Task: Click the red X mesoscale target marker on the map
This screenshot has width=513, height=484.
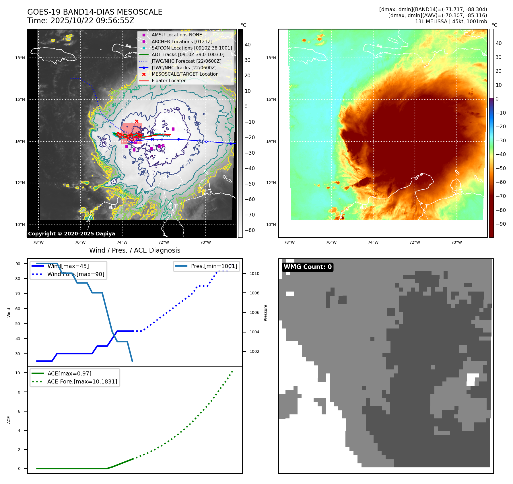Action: [137, 121]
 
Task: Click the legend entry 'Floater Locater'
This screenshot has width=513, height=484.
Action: [168, 81]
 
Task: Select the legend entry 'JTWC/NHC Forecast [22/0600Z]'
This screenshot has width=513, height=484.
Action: [186, 61]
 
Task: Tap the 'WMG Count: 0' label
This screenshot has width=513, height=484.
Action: [308, 267]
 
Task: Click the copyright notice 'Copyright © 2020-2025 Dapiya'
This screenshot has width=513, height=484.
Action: [71, 234]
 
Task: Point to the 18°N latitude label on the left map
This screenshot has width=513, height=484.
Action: [20, 58]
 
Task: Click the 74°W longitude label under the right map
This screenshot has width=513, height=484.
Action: [373, 242]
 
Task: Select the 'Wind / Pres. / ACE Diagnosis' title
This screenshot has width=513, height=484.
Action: [135, 250]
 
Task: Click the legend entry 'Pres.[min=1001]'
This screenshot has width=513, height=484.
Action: [214, 266]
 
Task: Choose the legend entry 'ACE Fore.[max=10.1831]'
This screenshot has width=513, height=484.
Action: [82, 381]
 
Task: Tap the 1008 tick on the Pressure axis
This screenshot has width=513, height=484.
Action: [254, 293]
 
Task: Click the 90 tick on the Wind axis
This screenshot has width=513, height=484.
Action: [18, 264]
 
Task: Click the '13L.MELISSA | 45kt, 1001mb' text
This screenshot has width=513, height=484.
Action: [451, 21]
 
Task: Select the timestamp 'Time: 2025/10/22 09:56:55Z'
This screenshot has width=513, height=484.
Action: [81, 21]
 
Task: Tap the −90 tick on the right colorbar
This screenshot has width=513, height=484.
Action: [501, 224]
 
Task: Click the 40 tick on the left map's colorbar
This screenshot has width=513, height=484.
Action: [247, 45]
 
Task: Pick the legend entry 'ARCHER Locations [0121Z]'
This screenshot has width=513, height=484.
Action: [182, 42]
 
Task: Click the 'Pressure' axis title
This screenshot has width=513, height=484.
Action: [265, 313]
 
